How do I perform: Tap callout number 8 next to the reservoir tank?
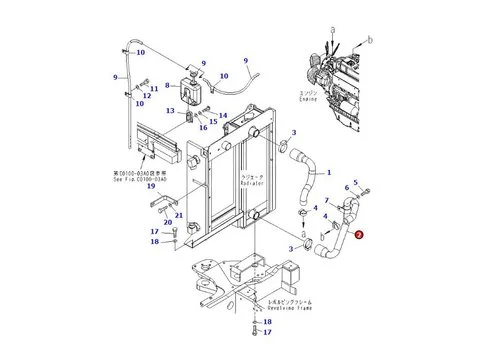[x=180, y=87]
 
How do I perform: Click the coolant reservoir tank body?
[x=196, y=88]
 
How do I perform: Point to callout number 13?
[x=171, y=110]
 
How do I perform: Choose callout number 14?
[x=222, y=116]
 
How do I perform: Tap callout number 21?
[x=178, y=215]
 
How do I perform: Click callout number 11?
[x=153, y=88]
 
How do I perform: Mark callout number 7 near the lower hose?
[x=326, y=201]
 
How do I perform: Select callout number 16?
[x=204, y=128]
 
